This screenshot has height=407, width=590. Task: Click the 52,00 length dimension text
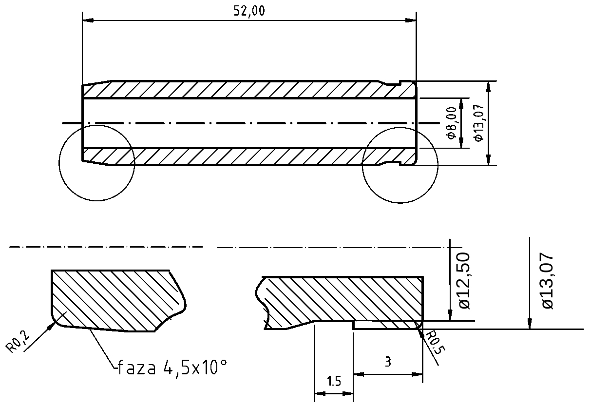click(x=249, y=11)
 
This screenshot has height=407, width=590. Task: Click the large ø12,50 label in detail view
click(x=464, y=280)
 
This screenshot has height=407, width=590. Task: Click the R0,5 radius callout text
click(x=432, y=343)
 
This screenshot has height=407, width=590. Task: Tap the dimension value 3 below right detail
click(x=388, y=362)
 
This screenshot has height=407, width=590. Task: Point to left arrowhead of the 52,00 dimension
click(x=88, y=20)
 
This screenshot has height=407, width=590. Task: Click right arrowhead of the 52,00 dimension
click(x=412, y=20)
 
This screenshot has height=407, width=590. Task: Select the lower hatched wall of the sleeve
click(x=244, y=156)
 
